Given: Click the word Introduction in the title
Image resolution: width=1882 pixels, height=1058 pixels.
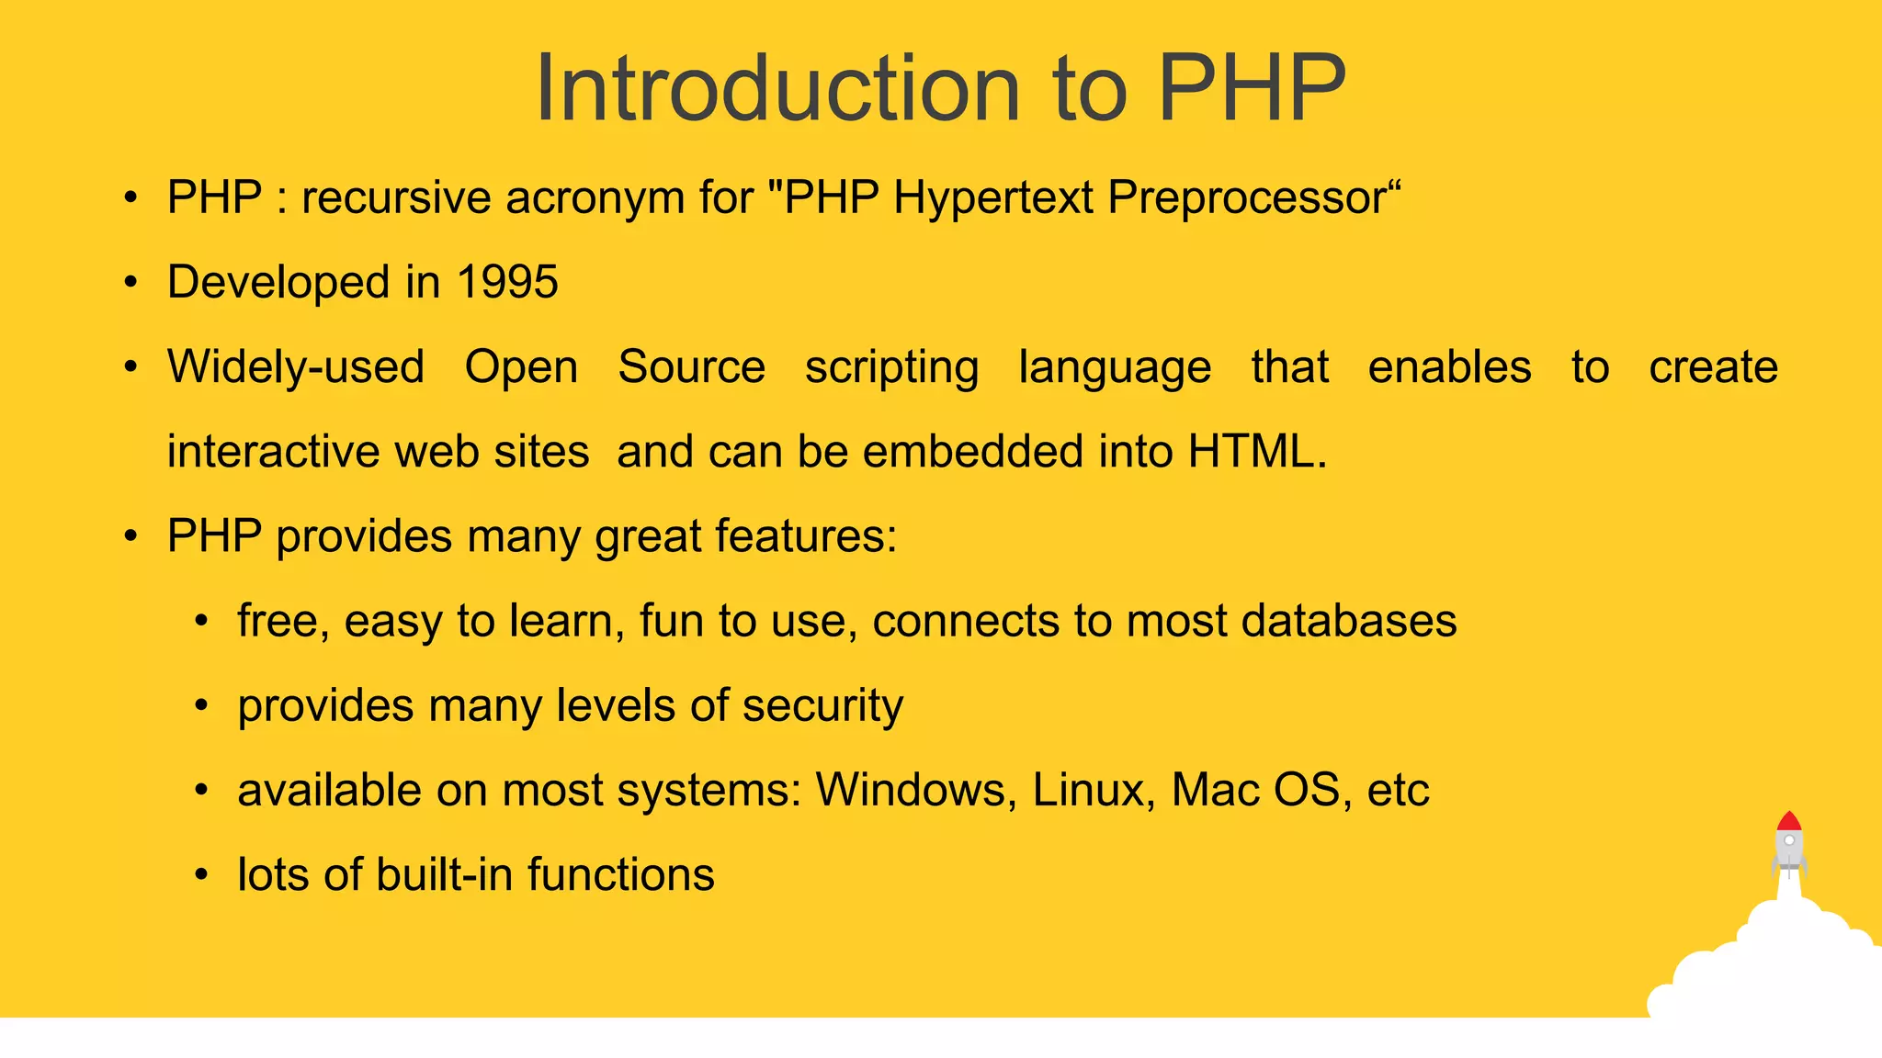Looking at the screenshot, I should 777,88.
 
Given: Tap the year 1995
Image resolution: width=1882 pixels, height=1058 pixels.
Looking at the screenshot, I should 507,282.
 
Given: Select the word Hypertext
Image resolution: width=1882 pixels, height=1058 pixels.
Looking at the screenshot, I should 992,198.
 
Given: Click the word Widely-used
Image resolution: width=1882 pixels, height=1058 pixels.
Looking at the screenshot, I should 295,367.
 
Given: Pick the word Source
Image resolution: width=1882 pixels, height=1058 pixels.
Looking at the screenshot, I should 691,367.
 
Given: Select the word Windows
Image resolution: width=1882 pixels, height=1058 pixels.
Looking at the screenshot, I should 914,790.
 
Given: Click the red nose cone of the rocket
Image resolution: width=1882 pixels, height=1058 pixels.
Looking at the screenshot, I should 1788,821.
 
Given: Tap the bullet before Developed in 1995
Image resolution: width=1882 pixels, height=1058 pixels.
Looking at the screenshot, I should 131,282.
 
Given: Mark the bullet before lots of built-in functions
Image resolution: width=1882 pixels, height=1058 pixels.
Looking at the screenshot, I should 201,875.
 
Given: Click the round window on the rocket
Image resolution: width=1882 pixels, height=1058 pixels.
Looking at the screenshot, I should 1789,840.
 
